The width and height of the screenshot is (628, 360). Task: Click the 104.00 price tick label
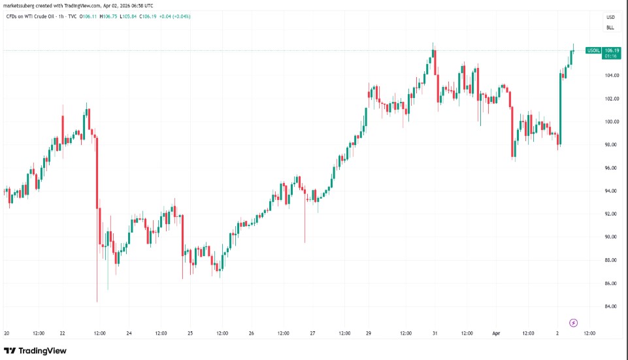coord(612,75)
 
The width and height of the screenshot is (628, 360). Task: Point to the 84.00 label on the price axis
coord(612,306)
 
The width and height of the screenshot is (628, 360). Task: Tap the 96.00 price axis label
coord(612,168)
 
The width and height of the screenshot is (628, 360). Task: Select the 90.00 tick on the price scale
coord(612,237)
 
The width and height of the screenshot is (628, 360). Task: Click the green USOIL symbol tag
coord(593,50)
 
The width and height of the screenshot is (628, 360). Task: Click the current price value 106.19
coord(612,50)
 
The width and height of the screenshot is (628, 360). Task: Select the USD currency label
coord(610,17)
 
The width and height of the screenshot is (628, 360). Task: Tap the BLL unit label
coord(610,28)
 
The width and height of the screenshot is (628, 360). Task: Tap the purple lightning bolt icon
coord(574,323)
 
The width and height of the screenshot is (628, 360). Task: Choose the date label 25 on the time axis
coord(190,333)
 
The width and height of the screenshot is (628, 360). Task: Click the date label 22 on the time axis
coord(62,333)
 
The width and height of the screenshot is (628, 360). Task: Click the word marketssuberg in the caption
coord(20,5)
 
